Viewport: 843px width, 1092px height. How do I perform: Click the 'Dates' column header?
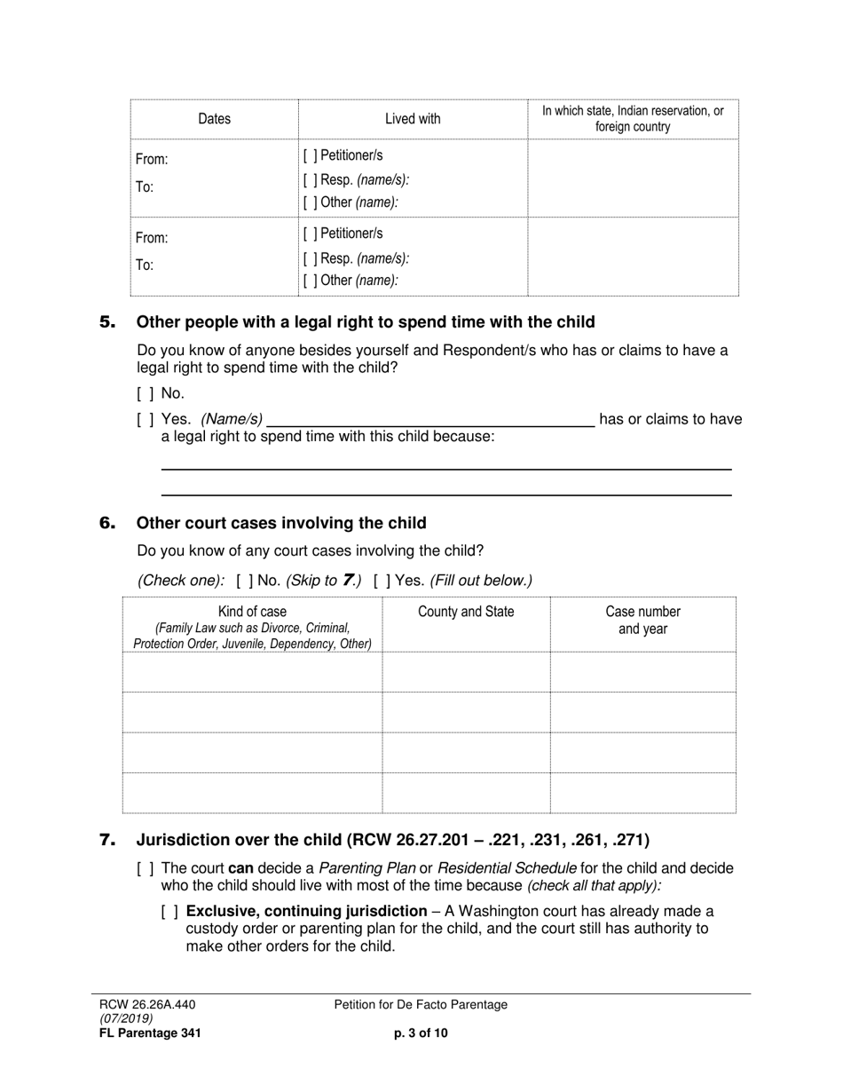[214, 119]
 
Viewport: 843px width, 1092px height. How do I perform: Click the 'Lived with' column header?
[413, 119]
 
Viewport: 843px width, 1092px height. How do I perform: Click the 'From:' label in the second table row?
[152, 238]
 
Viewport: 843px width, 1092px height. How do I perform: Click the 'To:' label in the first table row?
[145, 187]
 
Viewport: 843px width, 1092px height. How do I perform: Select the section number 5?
[107, 322]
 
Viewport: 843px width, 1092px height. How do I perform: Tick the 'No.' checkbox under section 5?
[146, 393]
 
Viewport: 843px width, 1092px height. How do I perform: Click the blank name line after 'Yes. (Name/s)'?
[430, 420]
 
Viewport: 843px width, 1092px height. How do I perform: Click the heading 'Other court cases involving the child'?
[281, 523]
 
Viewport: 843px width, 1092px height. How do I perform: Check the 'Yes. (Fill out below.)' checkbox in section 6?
[381, 581]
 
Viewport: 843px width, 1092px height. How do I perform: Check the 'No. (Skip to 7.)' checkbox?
[245, 581]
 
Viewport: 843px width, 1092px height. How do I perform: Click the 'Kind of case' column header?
[252, 612]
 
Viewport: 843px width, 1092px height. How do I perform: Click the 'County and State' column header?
[466, 612]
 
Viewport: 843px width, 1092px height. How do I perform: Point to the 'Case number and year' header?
[642, 621]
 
